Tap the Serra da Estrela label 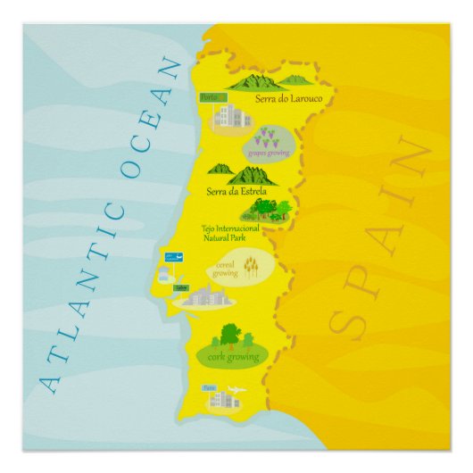(236, 191)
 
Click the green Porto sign (210, 97)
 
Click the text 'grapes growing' (267, 152)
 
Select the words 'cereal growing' (225, 270)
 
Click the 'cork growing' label (233, 356)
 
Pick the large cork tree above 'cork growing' (230, 336)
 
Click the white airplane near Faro (236, 390)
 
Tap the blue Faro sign (209, 389)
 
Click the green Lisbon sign (181, 287)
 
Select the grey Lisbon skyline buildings (204, 296)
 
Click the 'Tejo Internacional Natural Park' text (230, 234)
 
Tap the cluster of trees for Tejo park (268, 210)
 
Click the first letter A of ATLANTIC (52, 382)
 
